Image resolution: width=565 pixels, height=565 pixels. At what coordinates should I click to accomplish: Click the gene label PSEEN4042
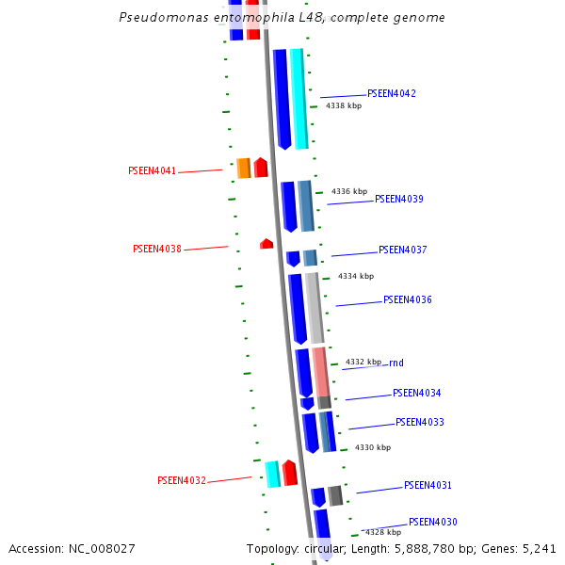click(391, 93)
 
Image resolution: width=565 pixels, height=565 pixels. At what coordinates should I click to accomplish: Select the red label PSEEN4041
click(152, 170)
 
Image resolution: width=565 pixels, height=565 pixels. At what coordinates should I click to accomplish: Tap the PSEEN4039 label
click(398, 199)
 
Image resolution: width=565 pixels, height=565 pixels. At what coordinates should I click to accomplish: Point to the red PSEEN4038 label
click(156, 249)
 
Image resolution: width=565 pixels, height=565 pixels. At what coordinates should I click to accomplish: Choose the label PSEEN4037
click(402, 250)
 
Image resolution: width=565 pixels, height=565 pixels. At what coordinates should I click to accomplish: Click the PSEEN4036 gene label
click(407, 299)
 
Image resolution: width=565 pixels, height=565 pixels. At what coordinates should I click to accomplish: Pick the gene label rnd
click(395, 363)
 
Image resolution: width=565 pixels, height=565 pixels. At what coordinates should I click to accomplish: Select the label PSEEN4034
click(416, 393)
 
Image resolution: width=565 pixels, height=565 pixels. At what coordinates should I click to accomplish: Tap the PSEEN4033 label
click(419, 422)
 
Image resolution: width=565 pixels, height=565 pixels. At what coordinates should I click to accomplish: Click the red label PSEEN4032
click(181, 480)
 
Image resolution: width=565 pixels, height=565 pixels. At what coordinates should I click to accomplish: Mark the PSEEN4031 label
click(428, 485)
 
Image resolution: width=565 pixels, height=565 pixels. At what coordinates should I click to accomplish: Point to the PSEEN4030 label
click(432, 522)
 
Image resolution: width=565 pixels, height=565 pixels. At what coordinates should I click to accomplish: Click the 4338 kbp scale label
click(344, 106)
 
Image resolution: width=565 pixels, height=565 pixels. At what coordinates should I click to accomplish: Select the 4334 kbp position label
click(356, 276)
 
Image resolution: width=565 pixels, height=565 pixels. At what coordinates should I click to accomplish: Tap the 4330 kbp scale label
click(372, 447)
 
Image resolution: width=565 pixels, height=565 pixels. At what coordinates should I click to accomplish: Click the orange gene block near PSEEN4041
click(243, 168)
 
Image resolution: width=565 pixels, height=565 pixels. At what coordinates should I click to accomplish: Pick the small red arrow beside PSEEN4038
click(266, 244)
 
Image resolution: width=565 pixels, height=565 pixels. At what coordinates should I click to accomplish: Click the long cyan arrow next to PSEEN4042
click(299, 99)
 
